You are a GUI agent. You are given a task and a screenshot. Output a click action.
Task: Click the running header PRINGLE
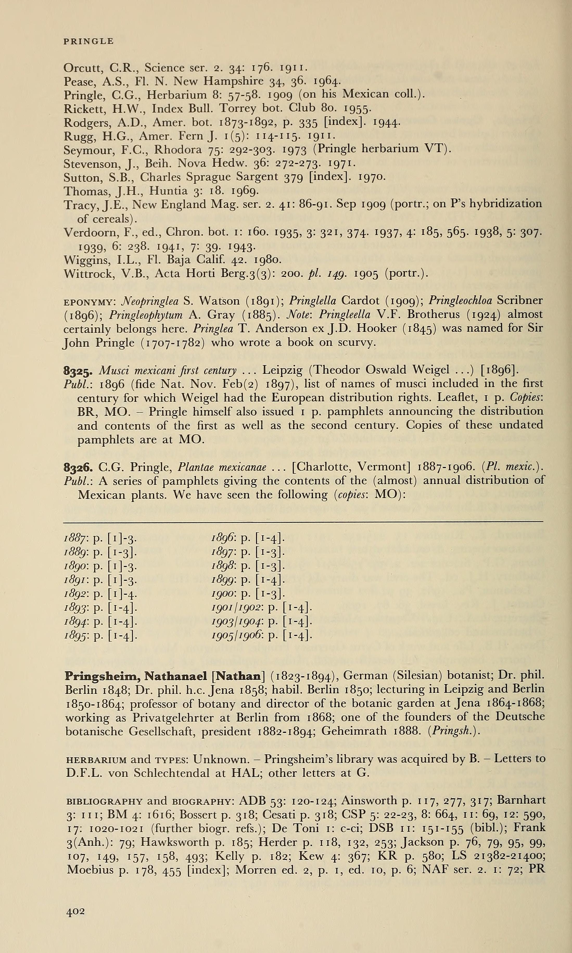point(88,41)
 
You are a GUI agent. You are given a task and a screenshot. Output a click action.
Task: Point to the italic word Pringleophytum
point(146,315)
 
